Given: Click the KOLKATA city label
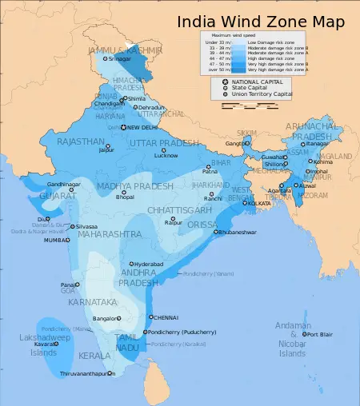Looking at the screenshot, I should click(x=259, y=204).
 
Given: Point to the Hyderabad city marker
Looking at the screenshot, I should click(x=131, y=264).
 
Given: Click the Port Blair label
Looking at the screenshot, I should click(x=321, y=335).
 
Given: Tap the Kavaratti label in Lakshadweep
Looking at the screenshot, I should click(x=45, y=344).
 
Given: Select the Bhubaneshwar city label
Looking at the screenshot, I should click(x=244, y=233).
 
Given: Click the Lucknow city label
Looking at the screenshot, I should click(x=166, y=155).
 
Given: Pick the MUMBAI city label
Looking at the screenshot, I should click(x=56, y=240).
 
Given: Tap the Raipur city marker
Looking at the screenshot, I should click(x=170, y=219).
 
